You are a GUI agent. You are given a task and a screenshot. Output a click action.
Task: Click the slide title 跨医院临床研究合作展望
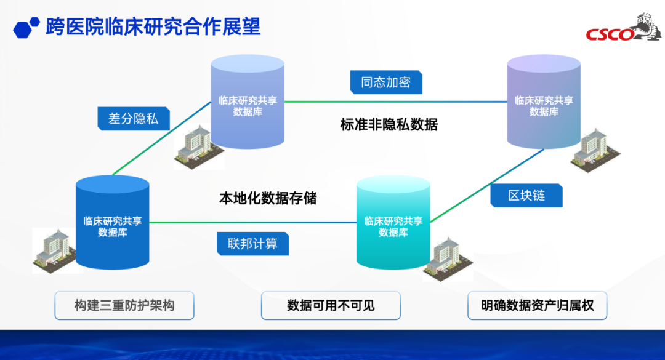click(x=153, y=26)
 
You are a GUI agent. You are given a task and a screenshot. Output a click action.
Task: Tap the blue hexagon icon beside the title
click(x=26, y=28)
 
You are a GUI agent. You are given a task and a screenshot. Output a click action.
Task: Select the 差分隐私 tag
click(x=133, y=119)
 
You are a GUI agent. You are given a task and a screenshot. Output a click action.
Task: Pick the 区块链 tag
click(x=526, y=196)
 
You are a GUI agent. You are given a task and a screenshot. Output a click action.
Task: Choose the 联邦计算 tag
click(x=252, y=244)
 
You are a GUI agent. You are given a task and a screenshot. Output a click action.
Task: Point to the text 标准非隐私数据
click(x=389, y=124)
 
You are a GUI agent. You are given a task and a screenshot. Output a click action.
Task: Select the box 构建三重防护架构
click(x=124, y=305)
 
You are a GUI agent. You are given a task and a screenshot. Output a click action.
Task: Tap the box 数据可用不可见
click(x=331, y=305)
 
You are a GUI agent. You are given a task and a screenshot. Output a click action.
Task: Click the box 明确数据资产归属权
click(x=537, y=305)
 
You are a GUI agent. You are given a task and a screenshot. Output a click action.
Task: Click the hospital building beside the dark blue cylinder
click(x=52, y=252)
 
